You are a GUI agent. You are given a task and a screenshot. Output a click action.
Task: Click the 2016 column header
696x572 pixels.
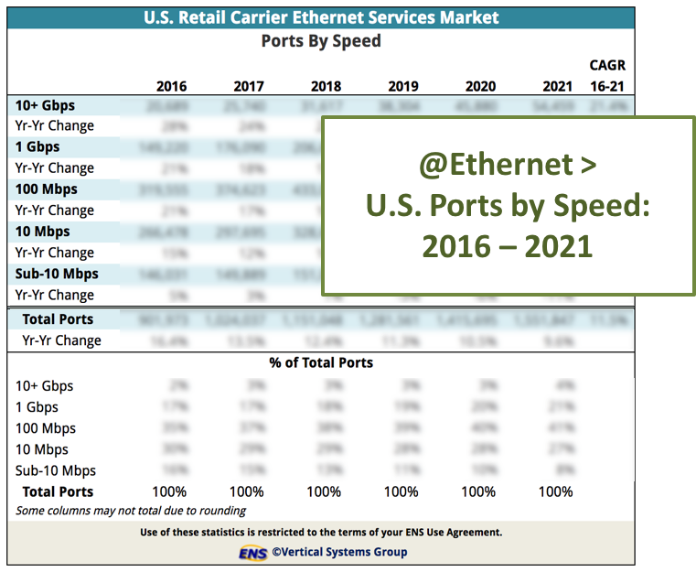coord(171,87)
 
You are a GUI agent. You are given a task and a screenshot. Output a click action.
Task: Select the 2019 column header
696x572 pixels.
coord(402,87)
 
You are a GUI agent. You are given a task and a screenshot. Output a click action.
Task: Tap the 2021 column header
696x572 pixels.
coord(557,87)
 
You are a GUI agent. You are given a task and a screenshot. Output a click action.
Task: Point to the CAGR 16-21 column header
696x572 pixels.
coord(607,77)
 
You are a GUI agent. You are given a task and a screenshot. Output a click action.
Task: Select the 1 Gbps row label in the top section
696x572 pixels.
coord(37,146)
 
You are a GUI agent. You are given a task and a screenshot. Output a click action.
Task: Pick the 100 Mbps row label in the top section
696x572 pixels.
coord(46,189)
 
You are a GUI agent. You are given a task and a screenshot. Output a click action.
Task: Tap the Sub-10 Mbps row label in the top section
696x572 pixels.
coord(57,274)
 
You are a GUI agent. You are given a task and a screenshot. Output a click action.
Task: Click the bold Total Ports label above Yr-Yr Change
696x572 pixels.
coord(57,319)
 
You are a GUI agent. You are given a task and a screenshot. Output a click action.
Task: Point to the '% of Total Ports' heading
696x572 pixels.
coord(321,362)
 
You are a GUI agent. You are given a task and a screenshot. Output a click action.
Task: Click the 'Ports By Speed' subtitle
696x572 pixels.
coord(321,41)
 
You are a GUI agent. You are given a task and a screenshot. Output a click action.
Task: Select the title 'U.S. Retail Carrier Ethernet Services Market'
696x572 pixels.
coord(321,17)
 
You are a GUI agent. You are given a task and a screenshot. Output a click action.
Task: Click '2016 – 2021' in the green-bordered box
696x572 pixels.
coord(508,246)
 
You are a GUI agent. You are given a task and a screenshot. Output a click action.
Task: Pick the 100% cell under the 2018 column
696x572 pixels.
coord(324,491)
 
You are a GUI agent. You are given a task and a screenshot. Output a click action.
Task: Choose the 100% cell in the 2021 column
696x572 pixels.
coord(555,491)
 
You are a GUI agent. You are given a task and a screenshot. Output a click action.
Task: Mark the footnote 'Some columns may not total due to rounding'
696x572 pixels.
coord(131,511)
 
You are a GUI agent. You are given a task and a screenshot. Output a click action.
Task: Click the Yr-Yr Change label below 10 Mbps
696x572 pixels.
coord(54,253)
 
